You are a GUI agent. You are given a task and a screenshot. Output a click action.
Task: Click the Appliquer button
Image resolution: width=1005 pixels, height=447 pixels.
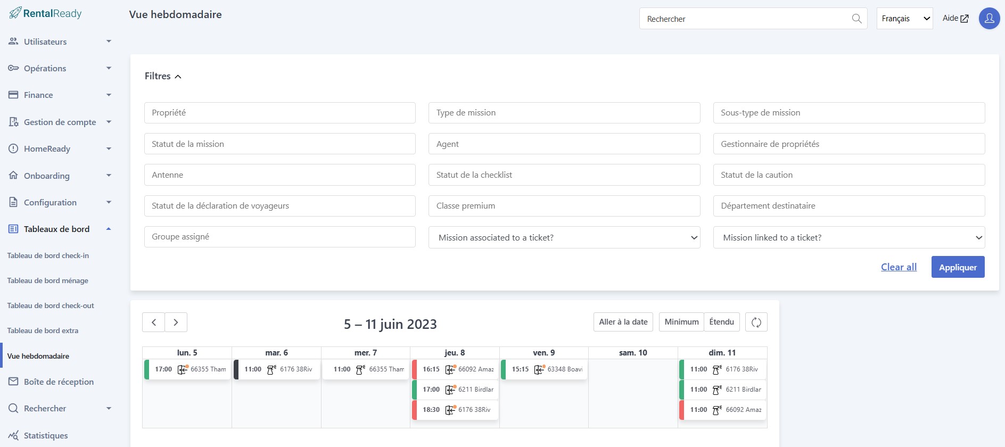958,267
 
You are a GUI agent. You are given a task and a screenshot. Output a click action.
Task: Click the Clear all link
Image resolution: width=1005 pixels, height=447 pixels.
899,267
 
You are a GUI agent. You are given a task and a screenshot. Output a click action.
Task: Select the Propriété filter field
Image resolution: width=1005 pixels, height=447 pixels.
279,113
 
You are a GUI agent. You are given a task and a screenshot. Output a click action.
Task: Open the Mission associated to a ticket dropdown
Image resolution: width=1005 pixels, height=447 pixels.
564,237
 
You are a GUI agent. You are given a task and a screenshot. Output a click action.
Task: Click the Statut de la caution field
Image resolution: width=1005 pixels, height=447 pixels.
849,175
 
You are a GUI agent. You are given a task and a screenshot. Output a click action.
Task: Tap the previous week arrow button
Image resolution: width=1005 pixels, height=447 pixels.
154,322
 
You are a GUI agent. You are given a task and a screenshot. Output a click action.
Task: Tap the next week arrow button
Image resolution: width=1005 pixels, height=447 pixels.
176,322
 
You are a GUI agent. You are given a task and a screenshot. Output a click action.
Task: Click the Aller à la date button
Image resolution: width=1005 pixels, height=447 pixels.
623,322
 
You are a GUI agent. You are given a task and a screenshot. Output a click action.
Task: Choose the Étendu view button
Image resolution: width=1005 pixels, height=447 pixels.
722,322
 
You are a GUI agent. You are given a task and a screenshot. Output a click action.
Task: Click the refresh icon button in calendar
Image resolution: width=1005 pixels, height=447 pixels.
756,322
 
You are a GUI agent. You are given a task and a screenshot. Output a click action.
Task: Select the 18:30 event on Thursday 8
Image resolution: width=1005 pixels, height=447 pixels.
455,410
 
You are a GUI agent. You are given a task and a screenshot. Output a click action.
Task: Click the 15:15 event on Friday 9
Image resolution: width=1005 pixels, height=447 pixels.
544,369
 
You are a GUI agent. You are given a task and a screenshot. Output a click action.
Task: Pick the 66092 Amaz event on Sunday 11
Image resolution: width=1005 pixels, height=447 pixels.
723,410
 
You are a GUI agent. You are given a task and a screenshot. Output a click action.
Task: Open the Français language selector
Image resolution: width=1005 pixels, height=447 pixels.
904,19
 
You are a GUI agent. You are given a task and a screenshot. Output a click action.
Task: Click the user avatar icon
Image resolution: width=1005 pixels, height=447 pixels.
990,19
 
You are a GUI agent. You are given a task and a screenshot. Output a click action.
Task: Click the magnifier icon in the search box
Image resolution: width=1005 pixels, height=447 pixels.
856,19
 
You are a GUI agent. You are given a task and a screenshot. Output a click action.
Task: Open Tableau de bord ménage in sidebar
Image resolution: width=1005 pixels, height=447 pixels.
48,280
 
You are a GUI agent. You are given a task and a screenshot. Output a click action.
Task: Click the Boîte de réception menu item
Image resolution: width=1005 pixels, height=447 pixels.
59,382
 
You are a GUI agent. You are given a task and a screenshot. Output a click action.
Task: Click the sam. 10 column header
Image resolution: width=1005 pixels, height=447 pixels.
633,353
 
